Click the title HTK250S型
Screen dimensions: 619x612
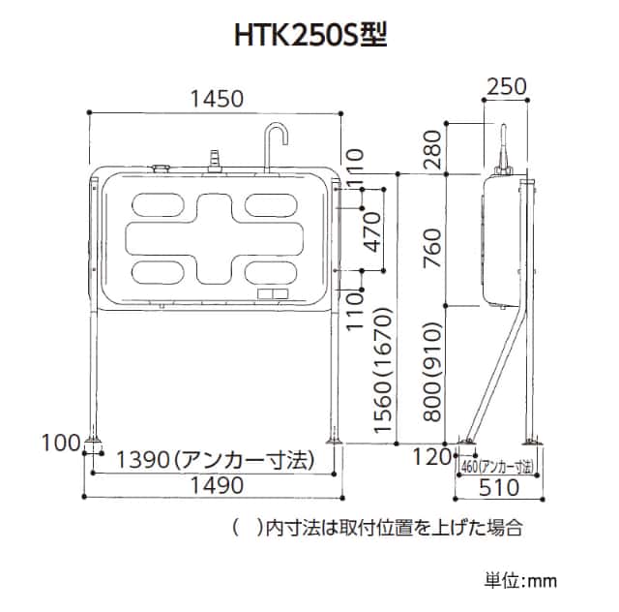[x=310, y=35]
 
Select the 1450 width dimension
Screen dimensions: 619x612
[x=217, y=99]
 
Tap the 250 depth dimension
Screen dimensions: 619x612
[x=507, y=86]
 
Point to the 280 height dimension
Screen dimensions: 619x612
[x=432, y=149]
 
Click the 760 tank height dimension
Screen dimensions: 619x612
[x=432, y=248]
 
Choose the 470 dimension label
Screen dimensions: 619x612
[x=372, y=232]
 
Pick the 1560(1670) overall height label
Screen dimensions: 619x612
[x=384, y=371]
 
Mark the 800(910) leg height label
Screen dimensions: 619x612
[x=432, y=372]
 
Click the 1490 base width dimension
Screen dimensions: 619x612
[x=217, y=485]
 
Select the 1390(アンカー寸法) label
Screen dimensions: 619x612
[x=216, y=460]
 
